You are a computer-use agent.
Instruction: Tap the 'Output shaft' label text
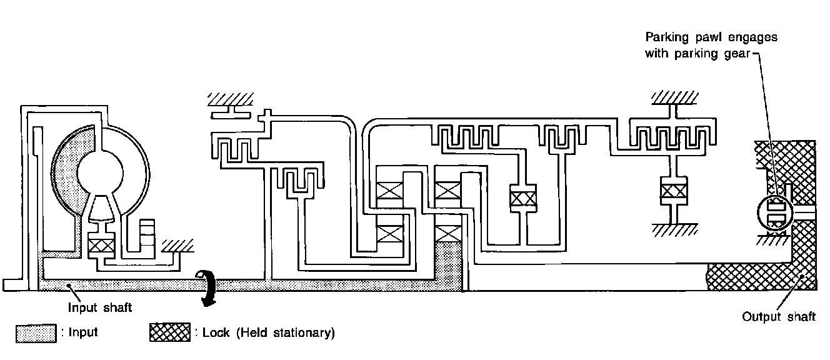(x=778, y=317)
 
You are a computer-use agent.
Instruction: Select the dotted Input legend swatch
(x=35, y=332)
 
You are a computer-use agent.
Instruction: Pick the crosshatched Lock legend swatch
(x=169, y=332)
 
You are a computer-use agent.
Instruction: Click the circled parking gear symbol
(x=775, y=214)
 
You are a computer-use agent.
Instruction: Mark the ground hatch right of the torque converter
(x=176, y=244)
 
